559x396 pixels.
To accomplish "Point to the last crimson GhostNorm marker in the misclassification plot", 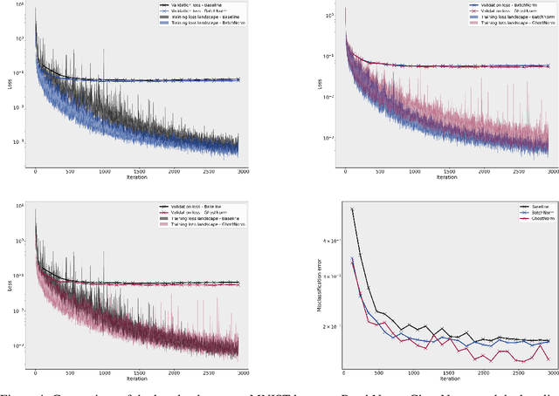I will click(548, 358).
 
